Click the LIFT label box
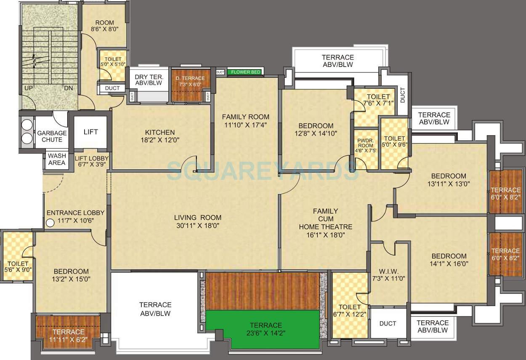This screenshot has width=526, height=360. coord(90,132)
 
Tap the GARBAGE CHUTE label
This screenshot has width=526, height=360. coord(52,136)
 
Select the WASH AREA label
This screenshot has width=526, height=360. coord(57,159)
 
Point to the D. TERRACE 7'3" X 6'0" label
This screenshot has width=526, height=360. coord(190,81)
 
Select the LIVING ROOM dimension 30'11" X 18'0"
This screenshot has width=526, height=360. coord(198,226)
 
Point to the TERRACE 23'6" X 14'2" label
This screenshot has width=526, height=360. coord(266,329)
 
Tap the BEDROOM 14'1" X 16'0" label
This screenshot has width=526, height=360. coord(449,260)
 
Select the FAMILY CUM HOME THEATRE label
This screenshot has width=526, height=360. coord(325,223)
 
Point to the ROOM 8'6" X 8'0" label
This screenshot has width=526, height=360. coord(104,26)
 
